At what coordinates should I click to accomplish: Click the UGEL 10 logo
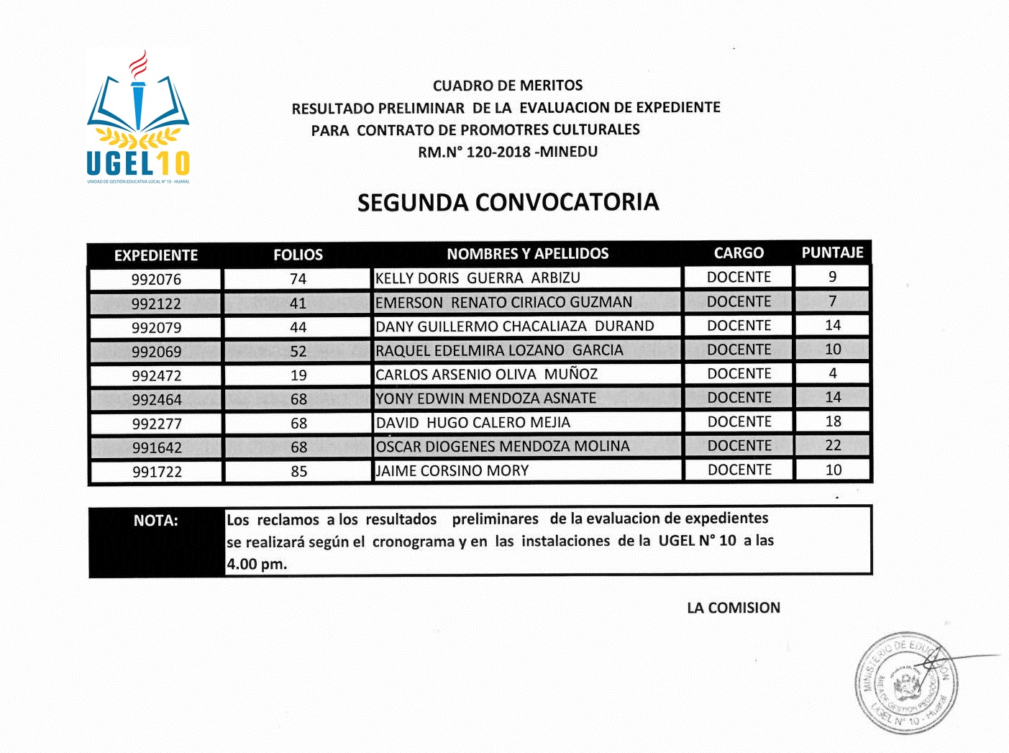pos(138,117)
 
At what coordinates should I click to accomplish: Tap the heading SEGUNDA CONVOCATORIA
pos(508,202)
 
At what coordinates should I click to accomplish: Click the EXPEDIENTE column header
pos(155,255)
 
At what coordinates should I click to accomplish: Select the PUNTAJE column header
pos(832,252)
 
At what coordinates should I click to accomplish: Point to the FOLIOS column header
pos(298,255)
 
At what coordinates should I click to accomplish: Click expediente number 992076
pos(156,279)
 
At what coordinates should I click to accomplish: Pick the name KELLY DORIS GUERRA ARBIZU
pos(478,278)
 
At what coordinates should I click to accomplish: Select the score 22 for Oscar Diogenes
pos(833,445)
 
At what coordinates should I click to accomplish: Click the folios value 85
pos(299,472)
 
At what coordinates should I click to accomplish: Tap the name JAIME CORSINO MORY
pos(452,471)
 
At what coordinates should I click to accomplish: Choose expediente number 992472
pos(157,375)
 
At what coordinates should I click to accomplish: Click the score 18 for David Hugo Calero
pos(833,421)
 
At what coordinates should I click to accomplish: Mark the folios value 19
pos(298,375)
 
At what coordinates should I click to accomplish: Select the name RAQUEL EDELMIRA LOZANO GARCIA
pos(499,350)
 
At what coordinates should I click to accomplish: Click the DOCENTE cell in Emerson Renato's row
pos(739,302)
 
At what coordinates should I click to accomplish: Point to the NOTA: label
pos(155,521)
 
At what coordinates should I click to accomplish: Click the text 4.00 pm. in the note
pos(257,564)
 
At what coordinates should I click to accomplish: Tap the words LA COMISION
pos(733,608)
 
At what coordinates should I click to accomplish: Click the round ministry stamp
pos(907,683)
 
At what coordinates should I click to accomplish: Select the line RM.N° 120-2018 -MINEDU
pos(508,152)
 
